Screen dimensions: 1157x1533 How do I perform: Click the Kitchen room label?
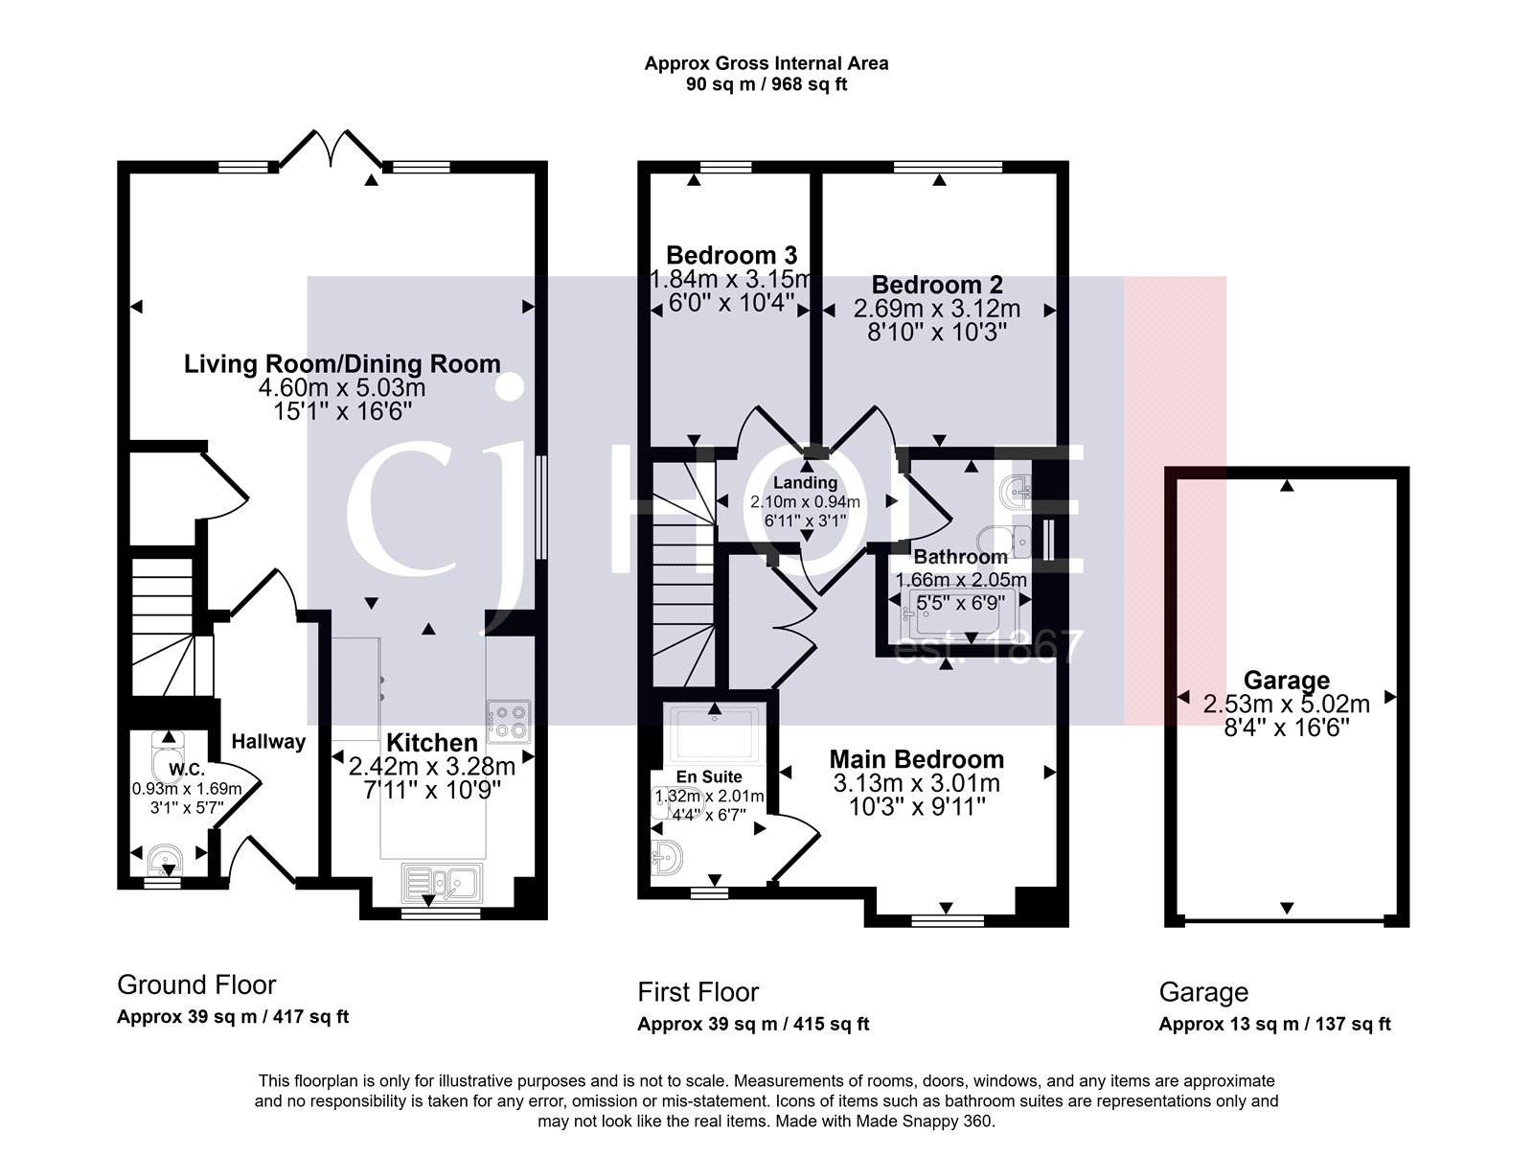pyautogui.click(x=431, y=743)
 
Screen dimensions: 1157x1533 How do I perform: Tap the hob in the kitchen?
pyautogui.click(x=508, y=722)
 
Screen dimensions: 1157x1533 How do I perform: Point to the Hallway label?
pyautogui.click(x=268, y=741)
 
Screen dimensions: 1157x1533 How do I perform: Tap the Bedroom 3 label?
pyautogui.click(x=731, y=255)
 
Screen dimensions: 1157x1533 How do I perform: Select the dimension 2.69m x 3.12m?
pyautogui.click(x=936, y=310)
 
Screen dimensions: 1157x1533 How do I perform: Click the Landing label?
pyautogui.click(x=806, y=483)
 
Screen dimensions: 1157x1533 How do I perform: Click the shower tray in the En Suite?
pyautogui.click(x=716, y=736)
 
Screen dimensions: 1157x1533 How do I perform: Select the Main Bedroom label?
pyautogui.click(x=917, y=759)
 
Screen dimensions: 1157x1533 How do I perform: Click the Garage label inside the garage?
pyautogui.click(x=1285, y=681)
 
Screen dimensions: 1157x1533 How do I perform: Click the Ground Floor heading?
pyautogui.click(x=196, y=984)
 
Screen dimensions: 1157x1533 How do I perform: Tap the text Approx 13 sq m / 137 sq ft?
pyautogui.click(x=1274, y=1024)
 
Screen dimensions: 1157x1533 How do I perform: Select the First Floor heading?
pyautogui.click(x=698, y=991)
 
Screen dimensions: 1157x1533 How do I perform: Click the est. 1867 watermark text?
pyautogui.click(x=987, y=649)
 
